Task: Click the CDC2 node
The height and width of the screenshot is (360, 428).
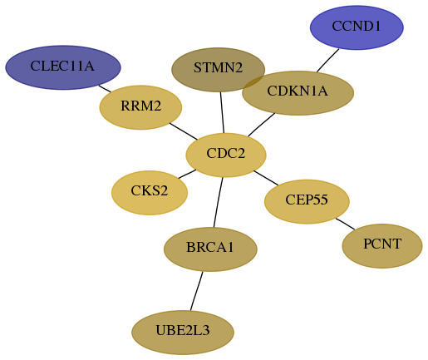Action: pos(226,155)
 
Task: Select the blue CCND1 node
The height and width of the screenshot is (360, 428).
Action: pos(357,27)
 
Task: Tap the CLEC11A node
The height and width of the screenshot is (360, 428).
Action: pos(63,67)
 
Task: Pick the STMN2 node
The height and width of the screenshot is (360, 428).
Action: pos(219,70)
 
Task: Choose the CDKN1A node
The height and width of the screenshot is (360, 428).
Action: pos(298,93)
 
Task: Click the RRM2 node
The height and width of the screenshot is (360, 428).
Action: pos(140,107)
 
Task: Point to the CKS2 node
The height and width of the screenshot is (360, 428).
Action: pos(150,193)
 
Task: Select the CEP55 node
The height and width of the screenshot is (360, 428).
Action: pos(307,201)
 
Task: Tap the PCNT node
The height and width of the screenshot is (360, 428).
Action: pos(382,246)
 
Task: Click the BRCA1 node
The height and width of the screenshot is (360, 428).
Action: pos(210,249)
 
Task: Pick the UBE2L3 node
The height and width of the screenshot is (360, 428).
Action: pos(183,333)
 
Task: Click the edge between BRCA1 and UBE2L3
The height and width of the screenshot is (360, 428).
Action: pos(197,291)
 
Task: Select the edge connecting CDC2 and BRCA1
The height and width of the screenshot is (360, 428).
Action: pos(219,202)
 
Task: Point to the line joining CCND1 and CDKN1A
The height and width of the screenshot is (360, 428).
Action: pos(328,61)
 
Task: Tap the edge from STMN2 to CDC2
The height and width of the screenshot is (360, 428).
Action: pos(222,112)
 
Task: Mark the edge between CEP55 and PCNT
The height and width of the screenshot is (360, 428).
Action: pos(345,224)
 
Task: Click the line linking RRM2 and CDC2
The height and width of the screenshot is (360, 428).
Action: pos(184,131)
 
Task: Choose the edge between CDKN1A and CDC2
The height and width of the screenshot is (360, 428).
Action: pos(262,125)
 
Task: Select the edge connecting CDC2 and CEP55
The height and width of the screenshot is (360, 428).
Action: pos(266,178)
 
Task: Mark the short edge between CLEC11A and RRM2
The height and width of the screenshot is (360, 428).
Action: pos(105,89)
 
